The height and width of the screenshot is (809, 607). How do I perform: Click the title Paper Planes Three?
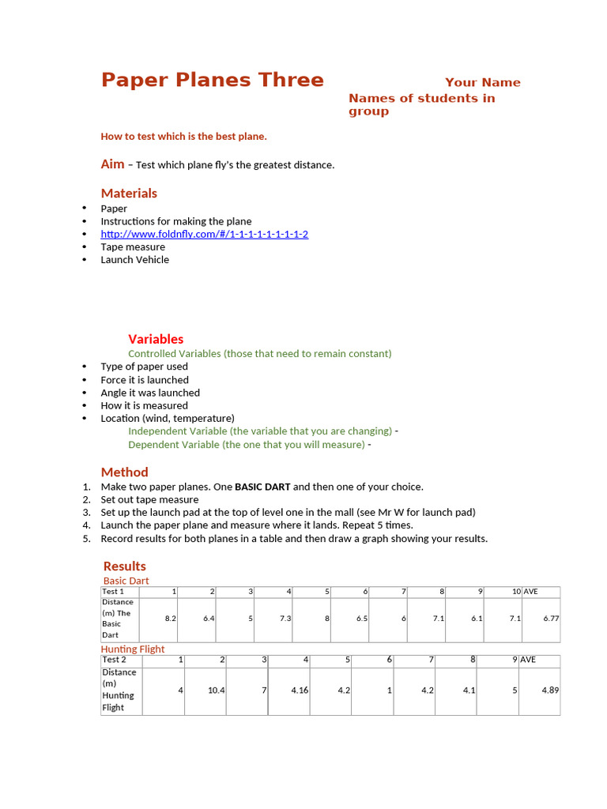tap(212, 81)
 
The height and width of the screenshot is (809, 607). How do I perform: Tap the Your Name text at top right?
tap(482, 82)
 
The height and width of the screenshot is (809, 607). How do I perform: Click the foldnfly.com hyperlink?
tap(204, 234)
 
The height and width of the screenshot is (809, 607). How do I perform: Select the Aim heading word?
tap(112, 164)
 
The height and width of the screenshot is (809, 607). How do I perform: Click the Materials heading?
tap(129, 193)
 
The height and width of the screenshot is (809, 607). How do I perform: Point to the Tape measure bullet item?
tap(133, 246)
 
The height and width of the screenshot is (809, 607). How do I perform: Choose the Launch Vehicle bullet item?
tap(134, 259)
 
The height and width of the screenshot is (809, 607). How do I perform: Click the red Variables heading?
tap(156, 339)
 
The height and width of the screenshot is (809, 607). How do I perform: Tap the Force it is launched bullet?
tap(145, 379)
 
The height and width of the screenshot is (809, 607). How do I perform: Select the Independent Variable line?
tap(260, 431)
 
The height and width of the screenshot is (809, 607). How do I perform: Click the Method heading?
tap(124, 472)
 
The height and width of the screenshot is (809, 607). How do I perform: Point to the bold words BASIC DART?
tap(262, 487)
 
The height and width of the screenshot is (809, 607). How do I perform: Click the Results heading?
tap(124, 566)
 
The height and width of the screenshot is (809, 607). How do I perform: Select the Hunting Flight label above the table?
tap(133, 649)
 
